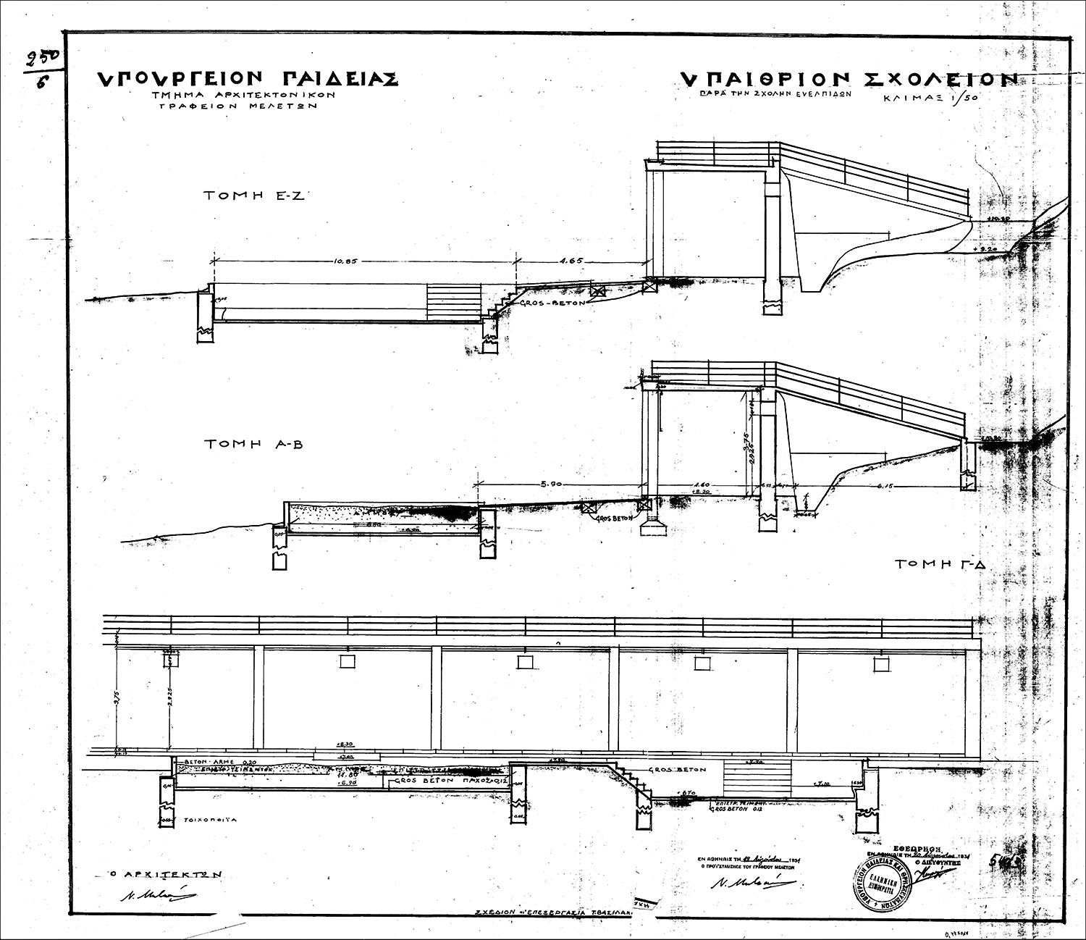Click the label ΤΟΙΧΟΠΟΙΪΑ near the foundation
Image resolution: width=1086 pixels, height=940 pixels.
[209, 820]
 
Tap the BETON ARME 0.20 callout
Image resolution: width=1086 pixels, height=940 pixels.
[214, 763]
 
